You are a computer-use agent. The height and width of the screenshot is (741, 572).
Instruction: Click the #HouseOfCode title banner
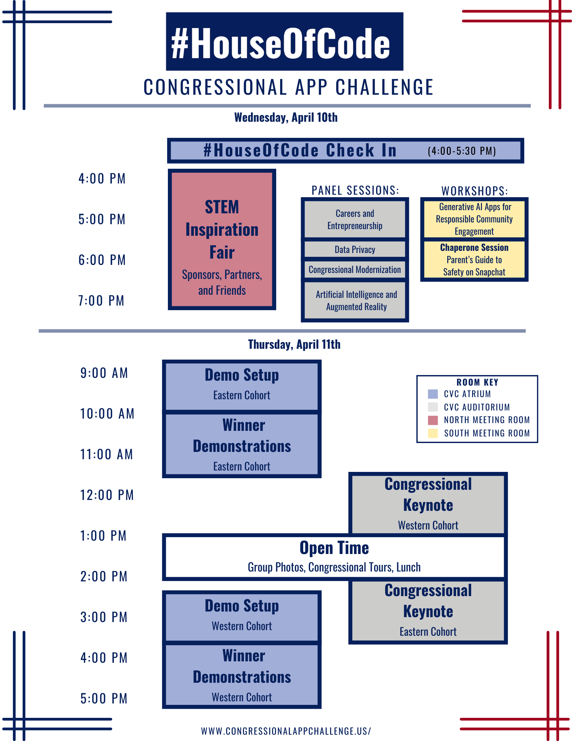285,41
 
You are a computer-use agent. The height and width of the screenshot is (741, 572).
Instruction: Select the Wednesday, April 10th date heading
286,118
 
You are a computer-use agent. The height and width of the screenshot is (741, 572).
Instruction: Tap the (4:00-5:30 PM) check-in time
462,151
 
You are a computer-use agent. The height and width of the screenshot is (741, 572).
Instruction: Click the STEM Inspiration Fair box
222,240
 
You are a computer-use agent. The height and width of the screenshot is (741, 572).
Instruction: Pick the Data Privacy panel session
355,249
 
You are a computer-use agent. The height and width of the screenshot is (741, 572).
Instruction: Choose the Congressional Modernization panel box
355,269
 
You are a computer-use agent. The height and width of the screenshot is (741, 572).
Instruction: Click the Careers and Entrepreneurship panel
355,219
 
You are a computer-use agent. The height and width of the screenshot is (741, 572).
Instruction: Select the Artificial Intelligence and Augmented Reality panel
355,301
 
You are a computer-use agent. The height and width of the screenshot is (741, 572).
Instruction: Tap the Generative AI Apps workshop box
474,219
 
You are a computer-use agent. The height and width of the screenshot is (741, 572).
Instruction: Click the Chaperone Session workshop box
474,260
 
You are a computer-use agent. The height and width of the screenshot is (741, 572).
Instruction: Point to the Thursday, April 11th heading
294,345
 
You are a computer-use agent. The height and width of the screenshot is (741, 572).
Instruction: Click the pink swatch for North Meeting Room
433,420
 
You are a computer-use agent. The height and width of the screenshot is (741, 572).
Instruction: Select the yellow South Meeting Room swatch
433,433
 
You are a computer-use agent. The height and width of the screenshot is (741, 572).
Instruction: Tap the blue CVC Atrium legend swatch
433,394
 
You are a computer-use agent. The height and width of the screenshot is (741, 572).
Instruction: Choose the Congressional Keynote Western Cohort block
428,504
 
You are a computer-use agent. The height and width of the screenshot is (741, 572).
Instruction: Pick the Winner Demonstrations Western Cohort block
242,676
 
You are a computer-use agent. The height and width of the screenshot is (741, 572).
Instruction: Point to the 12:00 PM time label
107,495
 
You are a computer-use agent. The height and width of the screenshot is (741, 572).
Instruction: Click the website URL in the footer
286,731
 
